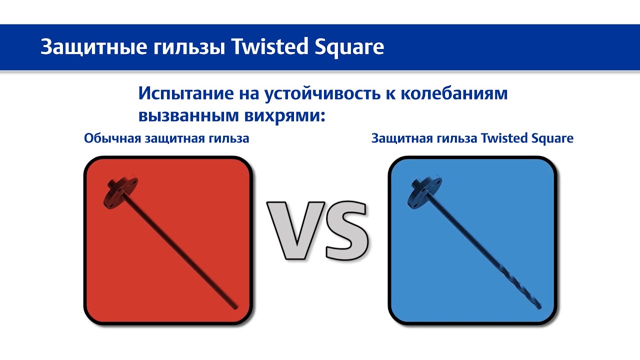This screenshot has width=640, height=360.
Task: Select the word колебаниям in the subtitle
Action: (454, 93)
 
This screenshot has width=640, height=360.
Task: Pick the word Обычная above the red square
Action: (112, 138)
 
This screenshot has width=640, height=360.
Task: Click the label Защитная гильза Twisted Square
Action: (472, 138)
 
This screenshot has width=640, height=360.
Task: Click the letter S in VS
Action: (345, 229)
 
